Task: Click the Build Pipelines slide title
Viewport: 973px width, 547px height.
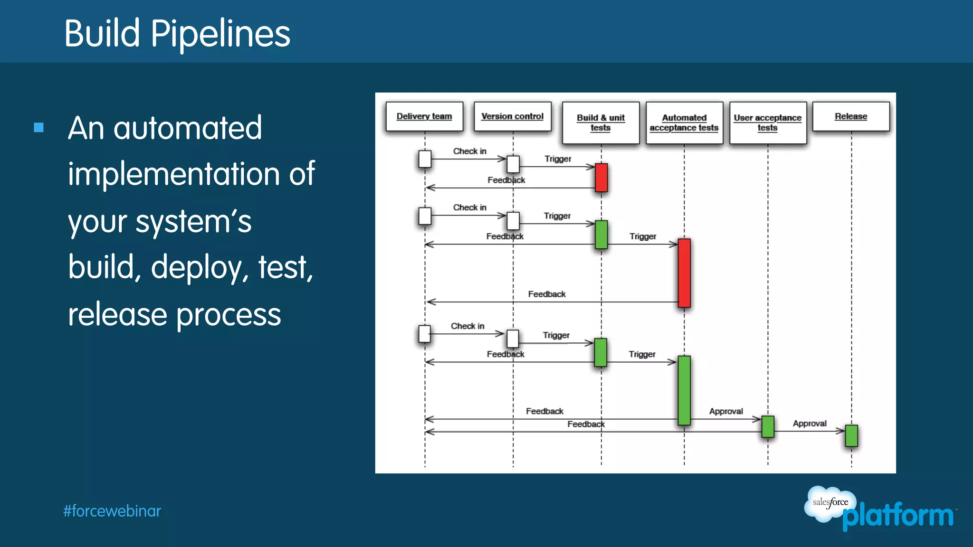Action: (177, 33)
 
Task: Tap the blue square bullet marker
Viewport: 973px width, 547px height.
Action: (39, 127)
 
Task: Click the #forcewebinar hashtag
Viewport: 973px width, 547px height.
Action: (112, 511)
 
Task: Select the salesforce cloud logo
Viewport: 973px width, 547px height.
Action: (829, 503)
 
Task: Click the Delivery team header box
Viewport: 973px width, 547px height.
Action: (424, 116)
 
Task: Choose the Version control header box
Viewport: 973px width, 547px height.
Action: (512, 116)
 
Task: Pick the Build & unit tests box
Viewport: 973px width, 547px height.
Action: (601, 123)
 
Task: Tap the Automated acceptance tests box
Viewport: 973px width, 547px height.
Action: (684, 123)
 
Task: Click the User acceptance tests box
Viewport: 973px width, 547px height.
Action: (767, 123)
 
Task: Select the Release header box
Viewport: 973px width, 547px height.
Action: (851, 116)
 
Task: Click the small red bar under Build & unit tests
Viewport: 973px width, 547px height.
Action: (601, 177)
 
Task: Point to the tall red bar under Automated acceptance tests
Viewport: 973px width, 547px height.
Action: (684, 273)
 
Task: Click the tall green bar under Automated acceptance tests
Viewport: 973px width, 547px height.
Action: (684, 390)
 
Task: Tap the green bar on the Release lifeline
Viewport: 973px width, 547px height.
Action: (851, 436)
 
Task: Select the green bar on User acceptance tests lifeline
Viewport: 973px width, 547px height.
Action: (768, 426)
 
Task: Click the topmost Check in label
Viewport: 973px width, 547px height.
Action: (469, 151)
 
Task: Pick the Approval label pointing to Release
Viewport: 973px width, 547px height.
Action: (810, 423)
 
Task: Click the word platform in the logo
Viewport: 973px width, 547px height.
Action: (898, 516)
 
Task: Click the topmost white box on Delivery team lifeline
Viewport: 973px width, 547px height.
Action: (425, 159)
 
